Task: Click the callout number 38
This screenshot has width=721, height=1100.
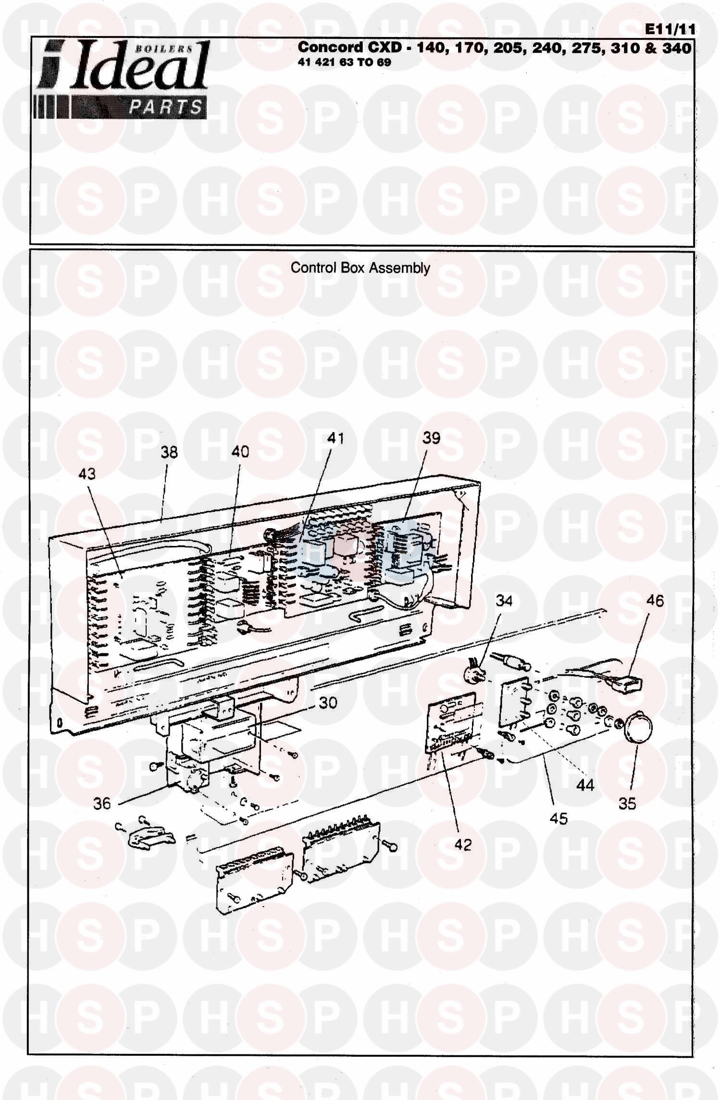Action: click(169, 453)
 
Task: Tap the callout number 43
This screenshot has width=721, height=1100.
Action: click(87, 474)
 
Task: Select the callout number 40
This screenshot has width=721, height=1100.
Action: click(241, 452)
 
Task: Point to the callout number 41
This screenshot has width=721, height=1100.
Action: click(336, 438)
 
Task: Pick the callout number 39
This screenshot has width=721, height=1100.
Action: click(432, 438)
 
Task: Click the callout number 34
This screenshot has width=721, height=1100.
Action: click(504, 601)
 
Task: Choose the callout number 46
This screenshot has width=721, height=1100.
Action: click(655, 601)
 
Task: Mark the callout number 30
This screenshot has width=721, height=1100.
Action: click(328, 703)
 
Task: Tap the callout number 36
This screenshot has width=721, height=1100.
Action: click(102, 803)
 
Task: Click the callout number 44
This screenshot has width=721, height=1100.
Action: click(585, 785)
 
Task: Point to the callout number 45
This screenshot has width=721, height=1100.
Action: click(559, 818)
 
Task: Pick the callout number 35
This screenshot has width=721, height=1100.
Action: click(627, 803)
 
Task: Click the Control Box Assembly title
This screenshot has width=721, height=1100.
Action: click(360, 268)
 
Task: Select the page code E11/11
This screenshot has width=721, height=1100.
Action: click(670, 29)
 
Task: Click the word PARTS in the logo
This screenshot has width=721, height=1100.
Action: click(166, 107)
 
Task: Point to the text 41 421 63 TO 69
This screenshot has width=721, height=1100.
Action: click(345, 63)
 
